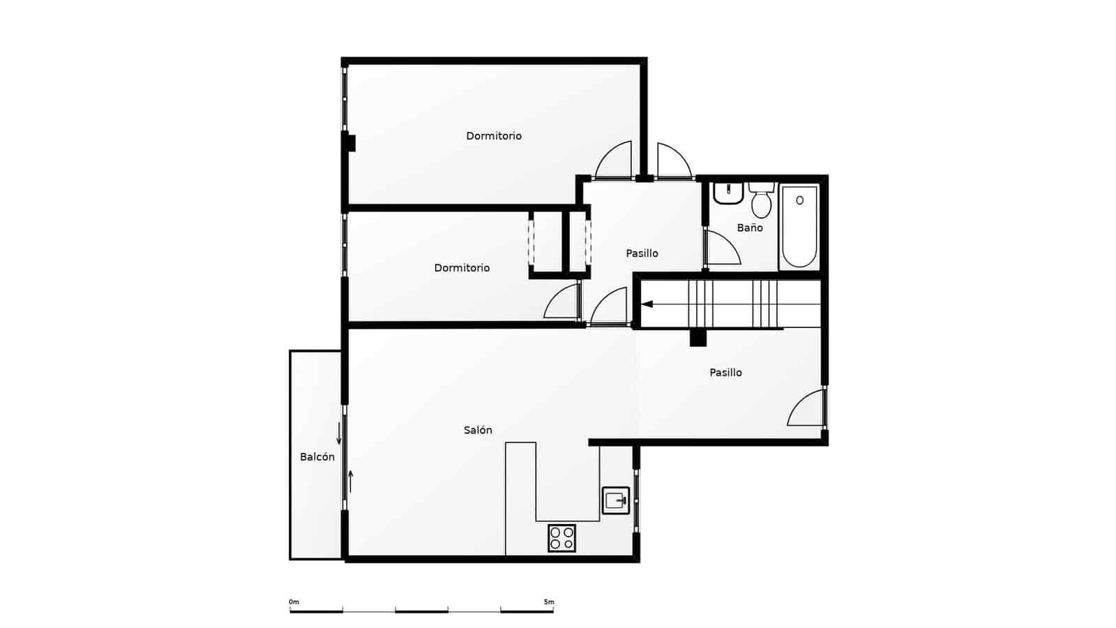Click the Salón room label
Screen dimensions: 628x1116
[x=478, y=431]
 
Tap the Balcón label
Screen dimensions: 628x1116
[x=317, y=457]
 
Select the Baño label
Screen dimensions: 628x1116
[x=750, y=227]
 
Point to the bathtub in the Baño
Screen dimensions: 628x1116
[x=799, y=226]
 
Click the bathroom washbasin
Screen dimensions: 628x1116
[x=727, y=193]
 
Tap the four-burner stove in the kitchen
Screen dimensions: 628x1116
[x=561, y=537]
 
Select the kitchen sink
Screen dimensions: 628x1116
[x=616, y=500]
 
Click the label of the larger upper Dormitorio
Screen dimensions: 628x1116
[x=494, y=136]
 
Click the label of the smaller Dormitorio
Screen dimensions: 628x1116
[x=462, y=268]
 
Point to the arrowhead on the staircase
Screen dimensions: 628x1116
[x=647, y=304]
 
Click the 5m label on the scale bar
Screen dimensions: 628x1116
[x=549, y=602]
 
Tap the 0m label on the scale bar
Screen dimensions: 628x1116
[x=294, y=602]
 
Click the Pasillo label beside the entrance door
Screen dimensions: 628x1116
[x=725, y=373]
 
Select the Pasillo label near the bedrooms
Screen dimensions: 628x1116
[x=642, y=253]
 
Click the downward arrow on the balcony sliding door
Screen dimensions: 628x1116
[x=339, y=434]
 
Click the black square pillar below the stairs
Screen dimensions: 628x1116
[x=697, y=338]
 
